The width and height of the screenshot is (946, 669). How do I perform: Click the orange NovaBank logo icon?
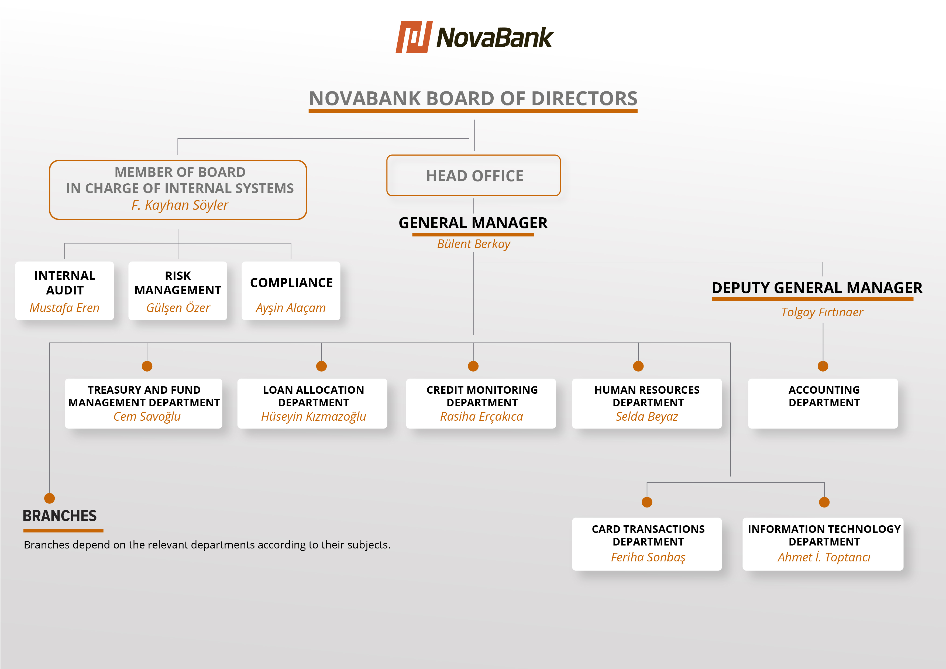tap(414, 37)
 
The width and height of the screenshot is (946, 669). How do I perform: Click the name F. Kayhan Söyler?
tap(180, 205)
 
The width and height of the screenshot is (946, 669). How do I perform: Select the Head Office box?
tap(473, 176)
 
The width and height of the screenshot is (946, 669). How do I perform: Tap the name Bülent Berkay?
tap(473, 244)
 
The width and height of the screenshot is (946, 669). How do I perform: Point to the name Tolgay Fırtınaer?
tap(822, 312)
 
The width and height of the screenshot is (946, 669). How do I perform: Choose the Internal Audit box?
tap(65, 291)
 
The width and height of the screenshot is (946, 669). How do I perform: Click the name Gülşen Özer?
tap(178, 308)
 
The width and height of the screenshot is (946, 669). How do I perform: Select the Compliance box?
tap(291, 291)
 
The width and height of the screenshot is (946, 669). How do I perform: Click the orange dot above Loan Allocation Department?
tap(321, 366)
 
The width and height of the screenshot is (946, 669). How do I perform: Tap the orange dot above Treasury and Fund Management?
tap(147, 366)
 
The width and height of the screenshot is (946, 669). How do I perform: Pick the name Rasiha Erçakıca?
tap(481, 416)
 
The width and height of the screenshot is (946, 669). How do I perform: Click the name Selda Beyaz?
tap(646, 416)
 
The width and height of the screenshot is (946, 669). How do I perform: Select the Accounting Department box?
tap(823, 404)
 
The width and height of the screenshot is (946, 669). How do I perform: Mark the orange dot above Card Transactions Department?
tap(647, 502)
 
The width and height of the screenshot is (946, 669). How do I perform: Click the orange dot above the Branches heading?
tap(49, 498)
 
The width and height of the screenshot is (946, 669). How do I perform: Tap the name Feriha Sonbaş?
tap(648, 557)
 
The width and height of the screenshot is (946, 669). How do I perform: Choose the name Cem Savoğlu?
tap(147, 416)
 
